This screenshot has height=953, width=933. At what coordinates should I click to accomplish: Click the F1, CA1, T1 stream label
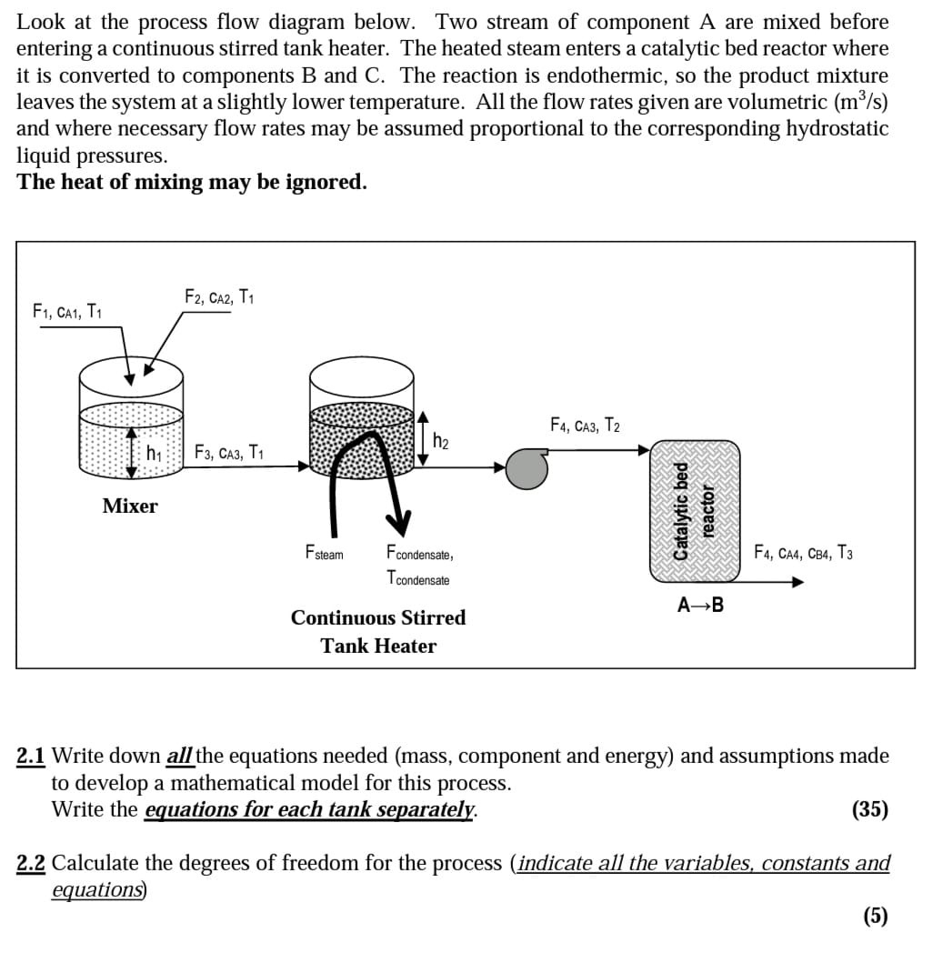66,313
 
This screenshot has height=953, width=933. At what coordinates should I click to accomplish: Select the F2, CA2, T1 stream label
219,297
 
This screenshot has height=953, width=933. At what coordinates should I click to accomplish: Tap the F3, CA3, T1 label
229,452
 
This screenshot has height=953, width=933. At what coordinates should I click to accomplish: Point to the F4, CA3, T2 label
585,425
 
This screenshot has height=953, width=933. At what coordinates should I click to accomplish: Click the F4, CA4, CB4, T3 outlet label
804,552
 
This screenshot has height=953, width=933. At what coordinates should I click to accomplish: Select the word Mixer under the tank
130,507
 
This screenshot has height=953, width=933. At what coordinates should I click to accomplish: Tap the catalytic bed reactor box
695,512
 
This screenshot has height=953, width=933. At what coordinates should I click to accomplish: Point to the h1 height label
154,452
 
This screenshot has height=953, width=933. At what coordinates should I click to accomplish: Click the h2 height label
441,442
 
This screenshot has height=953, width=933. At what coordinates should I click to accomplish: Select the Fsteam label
325,553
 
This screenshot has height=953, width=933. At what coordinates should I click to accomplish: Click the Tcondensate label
417,578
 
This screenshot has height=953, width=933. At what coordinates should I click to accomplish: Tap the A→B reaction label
701,605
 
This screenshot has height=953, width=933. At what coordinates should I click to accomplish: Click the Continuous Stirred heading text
378,617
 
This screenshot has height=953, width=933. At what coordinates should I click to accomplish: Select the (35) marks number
870,809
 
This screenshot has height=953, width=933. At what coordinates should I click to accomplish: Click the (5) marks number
875,915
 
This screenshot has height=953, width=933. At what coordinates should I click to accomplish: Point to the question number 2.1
32,756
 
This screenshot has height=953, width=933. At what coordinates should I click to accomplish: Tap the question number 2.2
32,862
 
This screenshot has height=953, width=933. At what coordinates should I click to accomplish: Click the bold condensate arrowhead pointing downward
397,523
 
